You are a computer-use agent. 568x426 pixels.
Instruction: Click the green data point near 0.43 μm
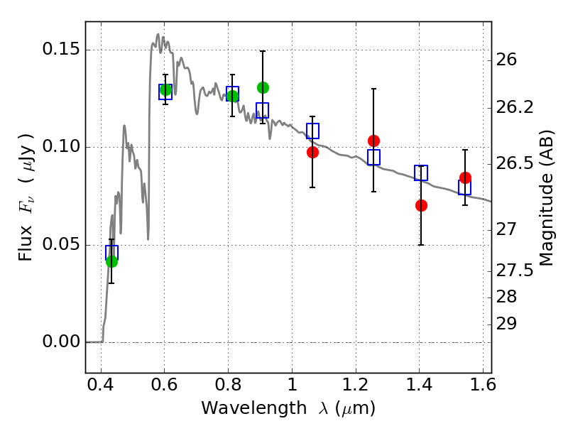pos(111,261)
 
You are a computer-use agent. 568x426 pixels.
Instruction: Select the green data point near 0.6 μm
pos(165,89)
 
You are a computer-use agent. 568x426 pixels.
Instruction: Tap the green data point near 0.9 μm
pos(263,87)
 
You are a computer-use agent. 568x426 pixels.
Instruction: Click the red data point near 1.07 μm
pos(312,152)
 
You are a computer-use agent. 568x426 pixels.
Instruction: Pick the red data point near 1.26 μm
pos(373,141)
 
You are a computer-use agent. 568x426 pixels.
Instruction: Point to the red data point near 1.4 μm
pos(421,205)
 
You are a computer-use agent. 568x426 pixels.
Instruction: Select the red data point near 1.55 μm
pos(465,177)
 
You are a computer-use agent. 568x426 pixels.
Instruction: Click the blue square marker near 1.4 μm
pos(421,173)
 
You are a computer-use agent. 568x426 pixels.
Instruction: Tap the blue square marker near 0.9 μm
pos(263,110)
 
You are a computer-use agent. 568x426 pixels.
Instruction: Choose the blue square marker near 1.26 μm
pos(373,157)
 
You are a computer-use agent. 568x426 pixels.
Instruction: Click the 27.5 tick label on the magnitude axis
pos(518,271)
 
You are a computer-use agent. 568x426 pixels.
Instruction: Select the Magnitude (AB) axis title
pos(546,197)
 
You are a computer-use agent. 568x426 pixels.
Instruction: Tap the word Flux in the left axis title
pos(26,244)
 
